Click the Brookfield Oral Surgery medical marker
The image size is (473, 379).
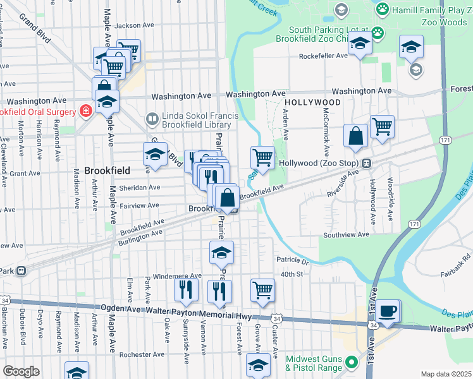tap(85, 111)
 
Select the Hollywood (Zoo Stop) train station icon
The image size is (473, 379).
tap(366, 163)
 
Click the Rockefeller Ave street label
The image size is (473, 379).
tap(324, 56)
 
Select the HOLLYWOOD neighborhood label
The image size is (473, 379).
tap(312, 102)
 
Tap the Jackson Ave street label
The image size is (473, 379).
tap(135, 26)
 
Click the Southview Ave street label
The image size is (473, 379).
tap(346, 234)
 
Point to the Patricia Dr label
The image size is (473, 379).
tap(292, 260)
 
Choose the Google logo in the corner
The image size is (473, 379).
tap(21, 371)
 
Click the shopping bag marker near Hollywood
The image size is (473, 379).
tap(356, 136)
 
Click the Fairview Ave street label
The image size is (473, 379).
tap(140, 205)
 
